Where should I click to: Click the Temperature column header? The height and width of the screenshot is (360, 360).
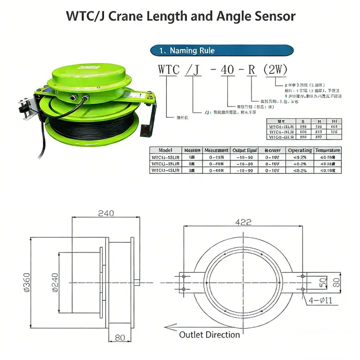(x=328, y=150)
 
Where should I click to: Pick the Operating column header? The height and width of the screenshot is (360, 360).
(x=300, y=150)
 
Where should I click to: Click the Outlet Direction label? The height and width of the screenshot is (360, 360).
(x=209, y=335)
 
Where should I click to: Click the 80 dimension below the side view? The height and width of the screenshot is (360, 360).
(x=119, y=338)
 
